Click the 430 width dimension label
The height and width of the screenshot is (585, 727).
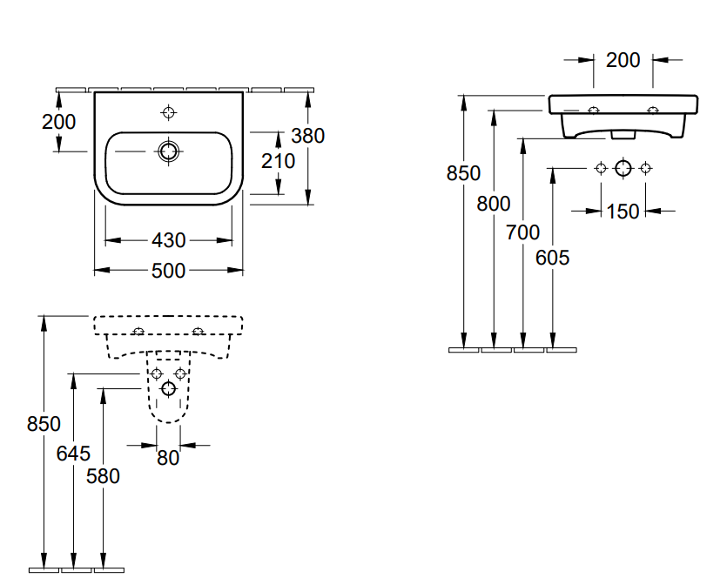click(168, 240)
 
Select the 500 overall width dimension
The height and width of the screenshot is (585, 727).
click(168, 271)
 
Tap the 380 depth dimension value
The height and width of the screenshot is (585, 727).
click(307, 136)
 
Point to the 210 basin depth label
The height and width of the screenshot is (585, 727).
click(278, 161)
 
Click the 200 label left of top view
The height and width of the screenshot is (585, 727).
click(58, 122)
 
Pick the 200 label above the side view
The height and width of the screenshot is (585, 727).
click(623, 60)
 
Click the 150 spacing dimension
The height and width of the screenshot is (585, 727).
click(623, 211)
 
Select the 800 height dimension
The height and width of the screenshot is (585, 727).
click(494, 204)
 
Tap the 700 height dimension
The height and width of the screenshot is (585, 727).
click(522, 232)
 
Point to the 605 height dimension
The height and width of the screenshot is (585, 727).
click(552, 259)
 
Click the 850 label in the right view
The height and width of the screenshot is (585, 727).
click(463, 173)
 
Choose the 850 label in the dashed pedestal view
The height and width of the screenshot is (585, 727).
click(44, 424)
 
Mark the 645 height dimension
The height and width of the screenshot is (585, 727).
click(73, 453)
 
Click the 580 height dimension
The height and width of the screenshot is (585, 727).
click(103, 475)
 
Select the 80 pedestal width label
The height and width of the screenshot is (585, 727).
click(168, 457)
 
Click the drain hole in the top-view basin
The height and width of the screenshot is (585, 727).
click(168, 151)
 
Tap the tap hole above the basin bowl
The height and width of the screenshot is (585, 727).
click(168, 111)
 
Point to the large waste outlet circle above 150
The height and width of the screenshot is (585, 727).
click(623, 168)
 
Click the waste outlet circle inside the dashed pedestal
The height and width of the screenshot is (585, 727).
click(168, 390)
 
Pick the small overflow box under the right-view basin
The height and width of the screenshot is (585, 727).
click(623, 135)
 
